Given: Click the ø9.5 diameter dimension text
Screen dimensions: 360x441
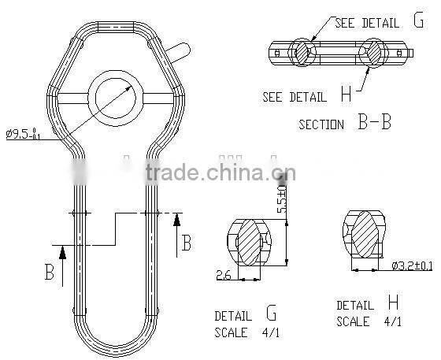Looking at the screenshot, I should point(23,135).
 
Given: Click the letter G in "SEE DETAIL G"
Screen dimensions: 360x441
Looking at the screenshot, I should point(417,21).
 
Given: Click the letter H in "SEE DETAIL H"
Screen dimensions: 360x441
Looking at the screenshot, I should point(346,95).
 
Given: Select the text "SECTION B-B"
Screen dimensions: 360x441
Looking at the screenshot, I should point(345,123).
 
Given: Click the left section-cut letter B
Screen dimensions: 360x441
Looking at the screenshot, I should point(49,273).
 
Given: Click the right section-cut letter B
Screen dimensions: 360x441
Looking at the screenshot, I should point(187,242).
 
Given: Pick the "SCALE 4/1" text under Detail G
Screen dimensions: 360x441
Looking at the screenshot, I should point(246,333).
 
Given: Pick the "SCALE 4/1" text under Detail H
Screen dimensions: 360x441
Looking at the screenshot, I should point(369,322).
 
